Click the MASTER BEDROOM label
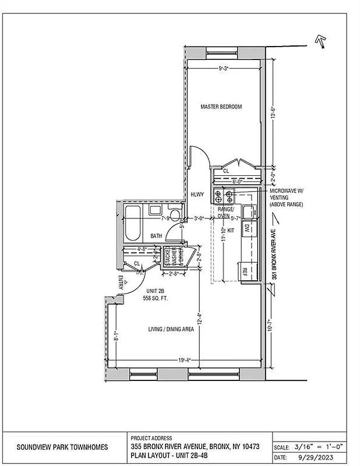click(221, 107)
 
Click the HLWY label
click(197, 196)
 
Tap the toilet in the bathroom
click(174, 213)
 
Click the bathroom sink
click(155, 211)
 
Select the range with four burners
click(224, 196)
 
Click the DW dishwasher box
click(246, 228)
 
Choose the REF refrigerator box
click(245, 271)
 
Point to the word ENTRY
click(121, 283)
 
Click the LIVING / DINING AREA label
click(171, 330)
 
